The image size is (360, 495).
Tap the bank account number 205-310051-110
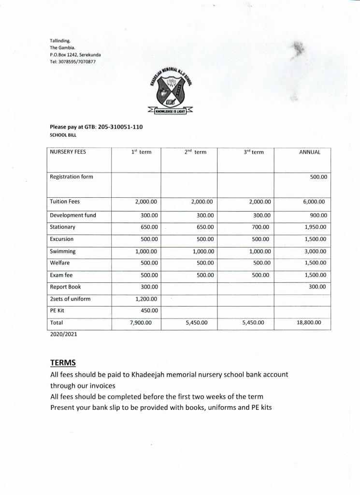(x=120, y=127)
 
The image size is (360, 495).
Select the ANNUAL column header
(x=310, y=152)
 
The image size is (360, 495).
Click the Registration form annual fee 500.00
(x=318, y=177)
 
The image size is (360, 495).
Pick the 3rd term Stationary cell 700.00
(x=261, y=227)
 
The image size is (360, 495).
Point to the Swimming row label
(x=63, y=251)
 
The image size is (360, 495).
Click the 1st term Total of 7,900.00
(x=141, y=322)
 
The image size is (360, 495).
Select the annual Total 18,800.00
(x=309, y=322)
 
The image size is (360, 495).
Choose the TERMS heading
(x=63, y=363)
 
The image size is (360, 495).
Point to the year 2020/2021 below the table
(x=64, y=334)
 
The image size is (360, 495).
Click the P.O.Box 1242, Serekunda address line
(x=75, y=55)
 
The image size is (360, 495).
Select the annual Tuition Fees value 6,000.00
(x=314, y=202)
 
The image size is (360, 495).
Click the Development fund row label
(x=73, y=215)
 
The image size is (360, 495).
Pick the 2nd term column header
(x=195, y=152)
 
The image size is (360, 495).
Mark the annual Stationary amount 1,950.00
(x=316, y=227)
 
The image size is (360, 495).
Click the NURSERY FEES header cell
(x=68, y=152)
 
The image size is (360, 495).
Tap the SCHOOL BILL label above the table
(x=63, y=135)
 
